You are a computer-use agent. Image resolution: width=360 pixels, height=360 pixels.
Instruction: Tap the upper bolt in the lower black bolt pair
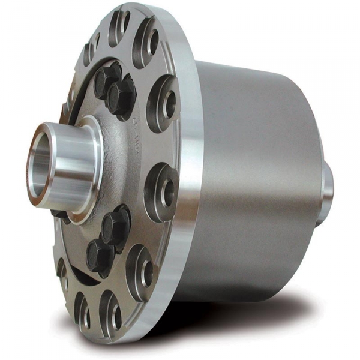[x=115, y=225]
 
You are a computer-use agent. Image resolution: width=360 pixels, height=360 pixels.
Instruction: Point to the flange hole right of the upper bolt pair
[x=163, y=99]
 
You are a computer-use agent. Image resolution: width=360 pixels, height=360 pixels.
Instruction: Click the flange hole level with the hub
[x=163, y=183]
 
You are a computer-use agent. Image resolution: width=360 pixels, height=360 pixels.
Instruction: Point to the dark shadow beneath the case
[x=252, y=315]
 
